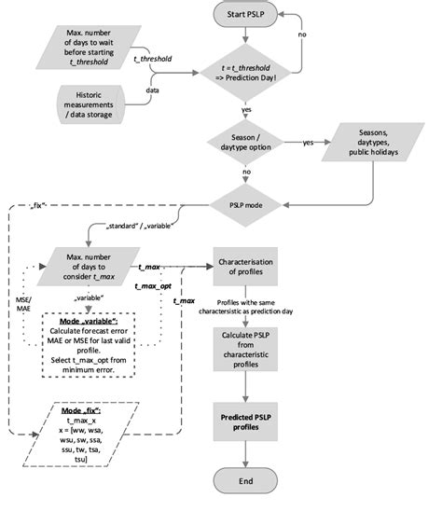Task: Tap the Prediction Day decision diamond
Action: [245, 73]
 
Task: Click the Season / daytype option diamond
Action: [245, 144]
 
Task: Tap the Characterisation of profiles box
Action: [245, 268]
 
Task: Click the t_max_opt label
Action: [153, 286]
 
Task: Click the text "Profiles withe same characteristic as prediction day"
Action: [245, 310]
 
